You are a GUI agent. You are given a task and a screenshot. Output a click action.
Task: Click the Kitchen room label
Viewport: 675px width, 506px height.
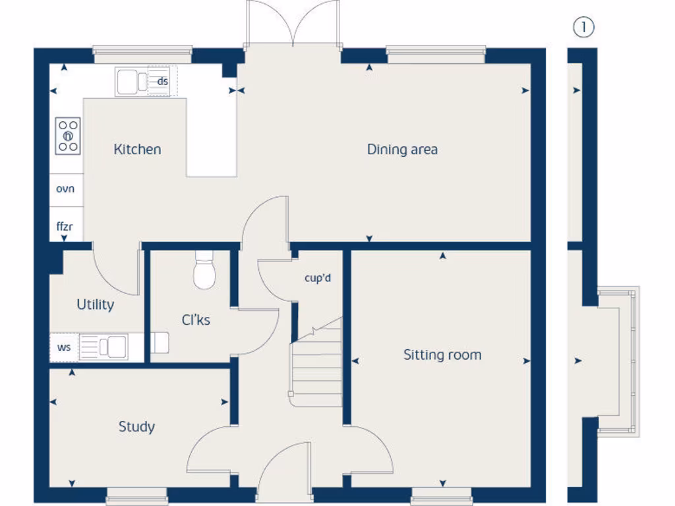(137, 150)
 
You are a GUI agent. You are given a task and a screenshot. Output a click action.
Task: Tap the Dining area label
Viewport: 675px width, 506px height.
(402, 150)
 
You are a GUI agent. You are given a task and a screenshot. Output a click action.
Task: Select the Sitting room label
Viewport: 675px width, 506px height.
(442, 355)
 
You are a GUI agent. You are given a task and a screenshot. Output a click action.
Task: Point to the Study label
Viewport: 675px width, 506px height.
(136, 427)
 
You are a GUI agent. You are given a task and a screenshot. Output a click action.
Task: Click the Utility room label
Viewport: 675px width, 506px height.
(95, 305)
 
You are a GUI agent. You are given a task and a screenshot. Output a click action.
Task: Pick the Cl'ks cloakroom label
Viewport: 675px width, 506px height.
(196, 320)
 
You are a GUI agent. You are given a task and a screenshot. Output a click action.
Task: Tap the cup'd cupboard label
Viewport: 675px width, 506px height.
(317, 278)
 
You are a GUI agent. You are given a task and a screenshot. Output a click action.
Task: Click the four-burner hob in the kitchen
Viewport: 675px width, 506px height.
(67, 136)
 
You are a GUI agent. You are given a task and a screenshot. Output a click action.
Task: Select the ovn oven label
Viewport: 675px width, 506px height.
(65, 189)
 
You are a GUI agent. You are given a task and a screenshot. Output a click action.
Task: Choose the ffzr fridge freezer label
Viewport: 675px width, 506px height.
(65, 227)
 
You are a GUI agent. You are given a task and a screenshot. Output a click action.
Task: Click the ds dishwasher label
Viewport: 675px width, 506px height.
(162, 82)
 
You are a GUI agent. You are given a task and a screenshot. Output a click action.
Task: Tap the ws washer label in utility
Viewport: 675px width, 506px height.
(64, 347)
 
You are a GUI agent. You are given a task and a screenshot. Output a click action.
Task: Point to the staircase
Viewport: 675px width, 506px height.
(316, 362)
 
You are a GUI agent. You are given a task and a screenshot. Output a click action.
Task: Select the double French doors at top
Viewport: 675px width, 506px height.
(293, 25)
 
